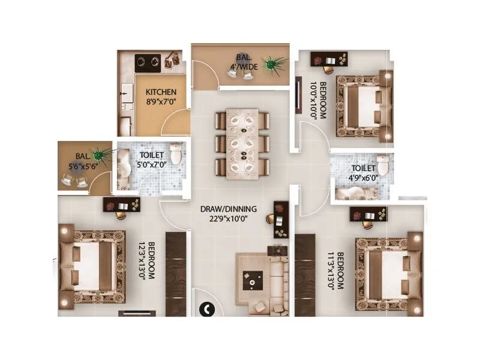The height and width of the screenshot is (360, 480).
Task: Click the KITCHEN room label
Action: (161, 92)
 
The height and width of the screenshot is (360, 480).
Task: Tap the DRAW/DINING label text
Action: (229, 209)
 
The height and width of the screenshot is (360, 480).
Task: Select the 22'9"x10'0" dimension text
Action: (229, 218)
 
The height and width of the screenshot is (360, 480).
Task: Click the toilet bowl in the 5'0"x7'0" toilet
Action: (176, 154)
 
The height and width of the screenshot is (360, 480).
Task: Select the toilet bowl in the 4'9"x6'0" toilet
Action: (382, 165)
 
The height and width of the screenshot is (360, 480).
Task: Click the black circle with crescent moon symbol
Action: (206, 310)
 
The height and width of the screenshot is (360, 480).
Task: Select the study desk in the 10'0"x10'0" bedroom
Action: (329, 59)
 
